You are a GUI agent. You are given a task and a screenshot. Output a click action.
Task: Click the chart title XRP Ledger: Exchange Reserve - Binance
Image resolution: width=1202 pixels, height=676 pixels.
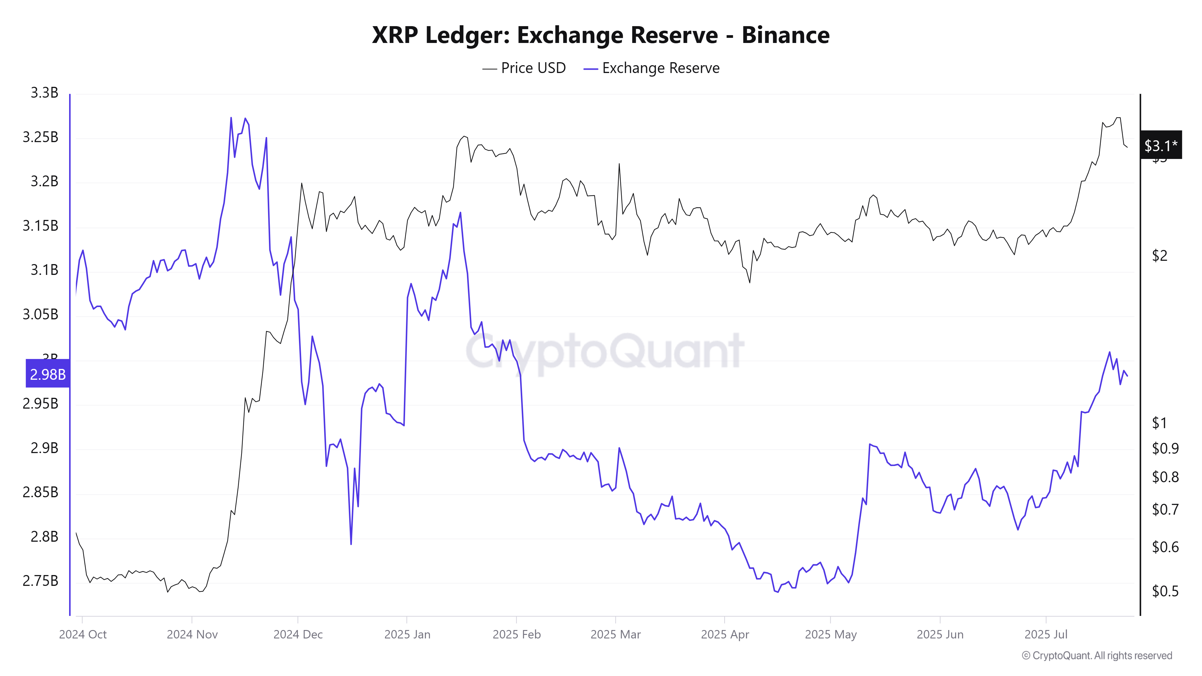600,35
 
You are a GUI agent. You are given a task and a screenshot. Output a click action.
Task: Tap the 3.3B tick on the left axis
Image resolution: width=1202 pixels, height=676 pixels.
44,93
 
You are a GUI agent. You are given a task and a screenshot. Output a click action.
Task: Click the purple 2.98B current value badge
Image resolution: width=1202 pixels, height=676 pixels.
47,374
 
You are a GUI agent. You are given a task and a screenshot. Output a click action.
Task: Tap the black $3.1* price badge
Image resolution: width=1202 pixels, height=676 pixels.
1161,145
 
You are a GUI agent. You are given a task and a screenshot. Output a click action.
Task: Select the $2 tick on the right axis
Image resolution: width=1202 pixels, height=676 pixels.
1160,256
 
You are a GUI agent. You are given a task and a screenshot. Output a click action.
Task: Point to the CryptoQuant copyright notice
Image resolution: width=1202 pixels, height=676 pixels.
1097,656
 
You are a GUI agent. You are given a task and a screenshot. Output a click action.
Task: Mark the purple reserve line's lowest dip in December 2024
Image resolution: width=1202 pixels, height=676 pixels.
351,544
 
